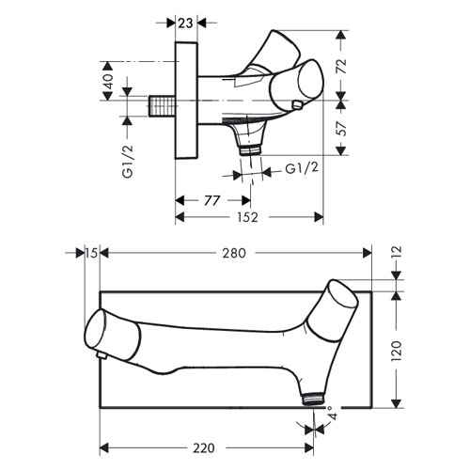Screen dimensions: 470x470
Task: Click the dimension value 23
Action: click(186, 23)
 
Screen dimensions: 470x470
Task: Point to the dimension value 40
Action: click(108, 82)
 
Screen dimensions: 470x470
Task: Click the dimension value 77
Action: click(211, 200)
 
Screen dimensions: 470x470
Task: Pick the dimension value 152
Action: click(247, 217)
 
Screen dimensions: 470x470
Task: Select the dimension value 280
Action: click(234, 253)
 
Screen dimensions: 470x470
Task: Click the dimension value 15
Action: click(91, 253)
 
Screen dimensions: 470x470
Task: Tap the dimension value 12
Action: click(397, 253)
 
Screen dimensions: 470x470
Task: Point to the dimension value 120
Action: click(397, 351)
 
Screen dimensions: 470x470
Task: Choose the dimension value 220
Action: click(204, 448)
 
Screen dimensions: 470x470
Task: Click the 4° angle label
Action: click(332, 413)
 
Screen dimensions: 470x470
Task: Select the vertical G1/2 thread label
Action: click(128, 162)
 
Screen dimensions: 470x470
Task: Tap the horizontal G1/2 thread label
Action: click(302, 168)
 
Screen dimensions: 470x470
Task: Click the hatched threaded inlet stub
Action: click(161, 106)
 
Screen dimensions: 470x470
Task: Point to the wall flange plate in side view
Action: click(186, 100)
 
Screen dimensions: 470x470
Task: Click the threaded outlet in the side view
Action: click(250, 149)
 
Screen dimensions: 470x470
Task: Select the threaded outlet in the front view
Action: click(313, 399)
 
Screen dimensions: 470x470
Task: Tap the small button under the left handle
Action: click(101, 355)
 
